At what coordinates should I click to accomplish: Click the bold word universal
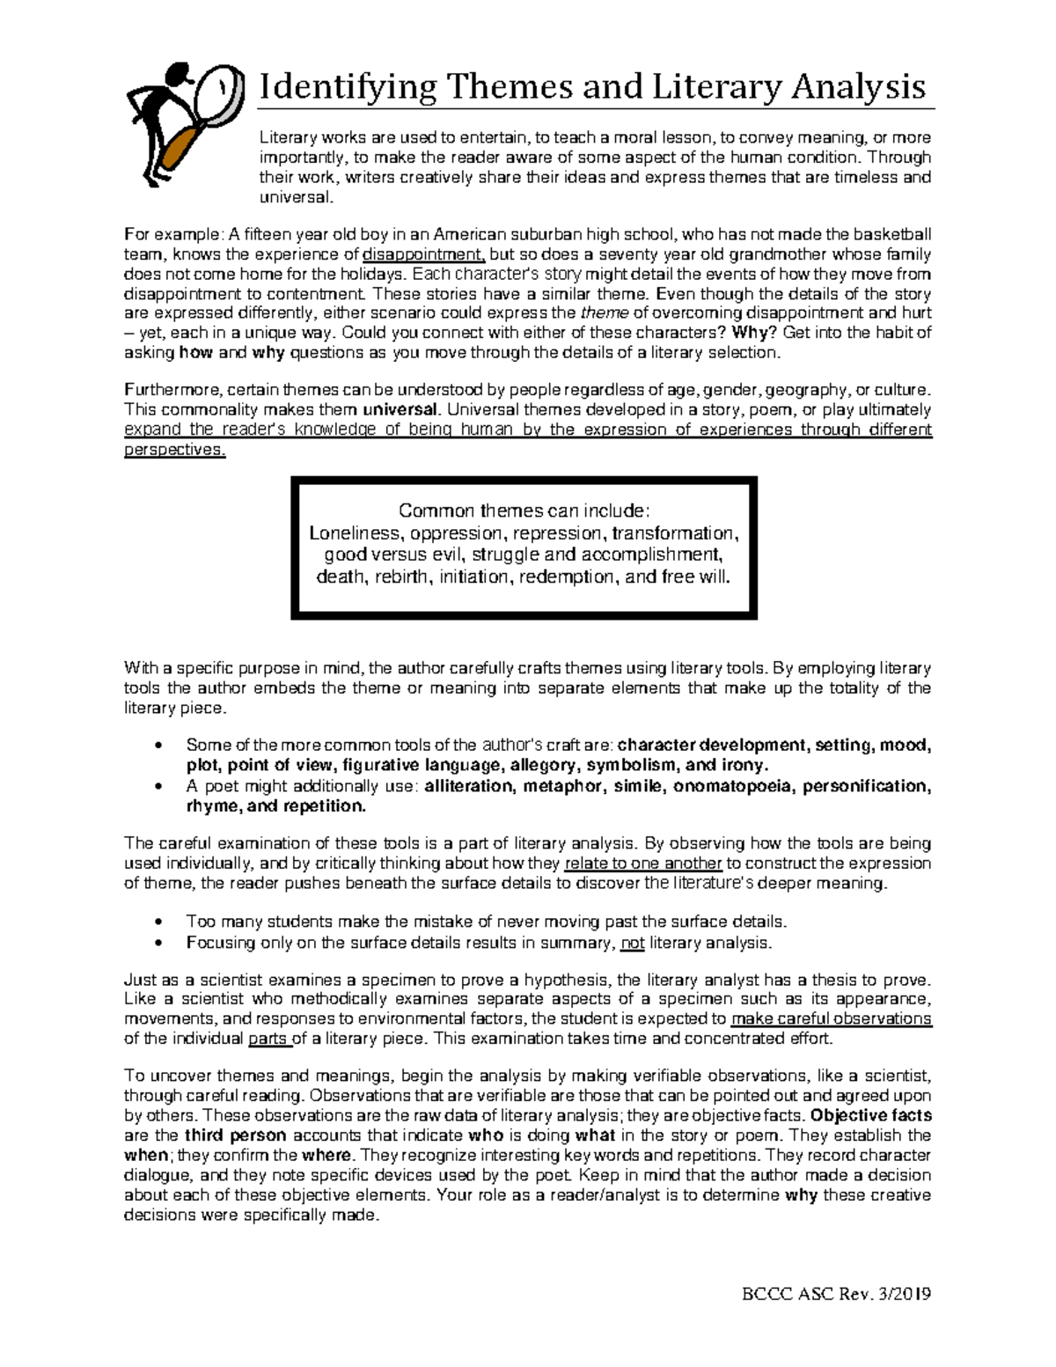400,409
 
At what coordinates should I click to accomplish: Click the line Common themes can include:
524,511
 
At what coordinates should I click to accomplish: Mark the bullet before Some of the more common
158,746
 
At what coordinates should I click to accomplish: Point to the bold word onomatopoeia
733,786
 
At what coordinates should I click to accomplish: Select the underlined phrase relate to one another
643,864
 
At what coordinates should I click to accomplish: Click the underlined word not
632,943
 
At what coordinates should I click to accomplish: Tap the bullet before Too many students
158,922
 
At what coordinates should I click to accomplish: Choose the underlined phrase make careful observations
831,1019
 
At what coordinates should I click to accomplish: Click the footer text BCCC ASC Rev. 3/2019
836,1294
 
